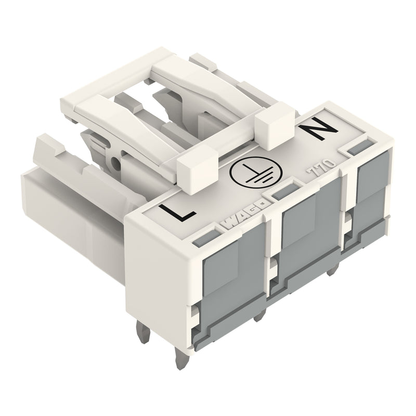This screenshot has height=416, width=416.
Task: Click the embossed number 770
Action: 321,167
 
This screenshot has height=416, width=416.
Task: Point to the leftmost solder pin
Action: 144,332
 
